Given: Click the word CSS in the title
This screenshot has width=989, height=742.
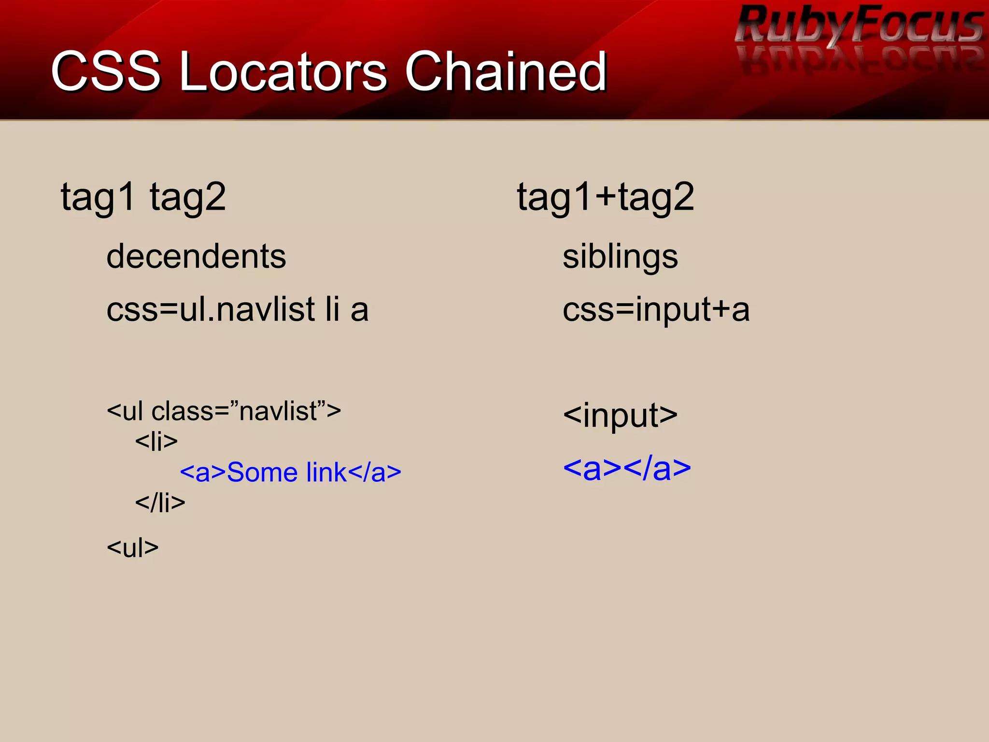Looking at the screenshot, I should [105, 72].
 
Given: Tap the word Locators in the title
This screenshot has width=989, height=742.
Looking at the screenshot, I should [283, 72].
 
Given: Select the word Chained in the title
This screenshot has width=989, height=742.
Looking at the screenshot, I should [505, 72].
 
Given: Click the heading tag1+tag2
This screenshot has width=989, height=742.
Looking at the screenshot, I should [605, 197].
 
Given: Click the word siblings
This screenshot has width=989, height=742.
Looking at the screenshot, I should [620, 256].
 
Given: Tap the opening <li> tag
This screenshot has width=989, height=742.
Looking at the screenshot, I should [156, 441].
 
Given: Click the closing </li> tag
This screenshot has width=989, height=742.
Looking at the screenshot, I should [160, 503].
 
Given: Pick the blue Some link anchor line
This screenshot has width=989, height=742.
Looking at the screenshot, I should [290, 472].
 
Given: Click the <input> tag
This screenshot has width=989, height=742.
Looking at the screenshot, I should [620, 415].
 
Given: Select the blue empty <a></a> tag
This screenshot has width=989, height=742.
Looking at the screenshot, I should [627, 468].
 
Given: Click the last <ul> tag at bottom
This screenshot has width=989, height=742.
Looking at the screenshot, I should [132, 547].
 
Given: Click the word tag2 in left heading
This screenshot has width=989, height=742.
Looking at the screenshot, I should [187, 197].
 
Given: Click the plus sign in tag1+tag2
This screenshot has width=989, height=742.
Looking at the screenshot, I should [606, 197].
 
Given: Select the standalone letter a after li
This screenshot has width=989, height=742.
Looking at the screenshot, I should [359, 310].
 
